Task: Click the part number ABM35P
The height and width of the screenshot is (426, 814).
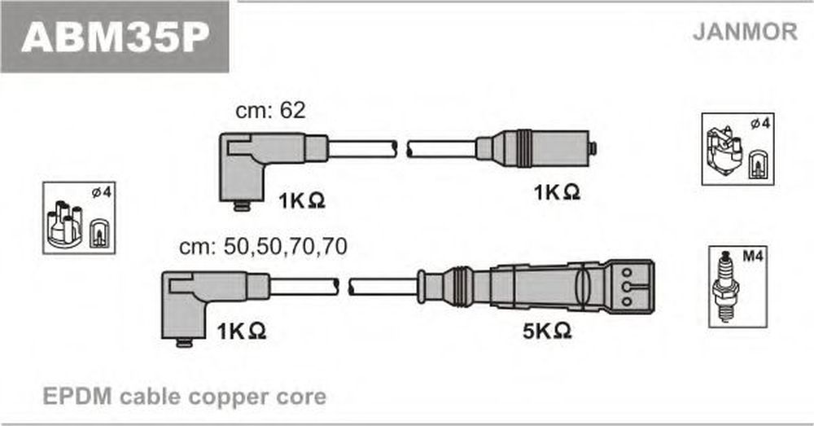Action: coord(116,37)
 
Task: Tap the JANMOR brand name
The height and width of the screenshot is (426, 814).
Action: coord(745,32)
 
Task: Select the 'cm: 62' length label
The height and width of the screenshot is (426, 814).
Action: coord(270,110)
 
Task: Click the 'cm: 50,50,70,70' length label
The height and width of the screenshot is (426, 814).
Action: coord(263,247)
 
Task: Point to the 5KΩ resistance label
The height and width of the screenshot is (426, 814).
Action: coord(547,331)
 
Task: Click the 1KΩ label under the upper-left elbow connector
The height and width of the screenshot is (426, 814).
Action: coord(302,200)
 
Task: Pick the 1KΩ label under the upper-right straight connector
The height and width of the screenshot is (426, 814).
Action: coord(557,193)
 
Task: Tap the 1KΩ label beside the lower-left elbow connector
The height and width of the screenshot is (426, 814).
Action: coord(242,331)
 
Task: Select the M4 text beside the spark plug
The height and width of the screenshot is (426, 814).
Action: coord(752,256)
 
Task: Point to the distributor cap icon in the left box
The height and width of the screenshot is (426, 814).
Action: coord(65,225)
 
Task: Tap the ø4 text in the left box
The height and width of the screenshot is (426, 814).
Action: coord(101,193)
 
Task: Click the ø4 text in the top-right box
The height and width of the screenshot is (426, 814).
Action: coord(760,124)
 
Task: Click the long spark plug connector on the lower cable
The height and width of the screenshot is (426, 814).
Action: coord(536,287)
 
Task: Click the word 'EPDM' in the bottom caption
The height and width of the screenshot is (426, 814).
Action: coord(77,397)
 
